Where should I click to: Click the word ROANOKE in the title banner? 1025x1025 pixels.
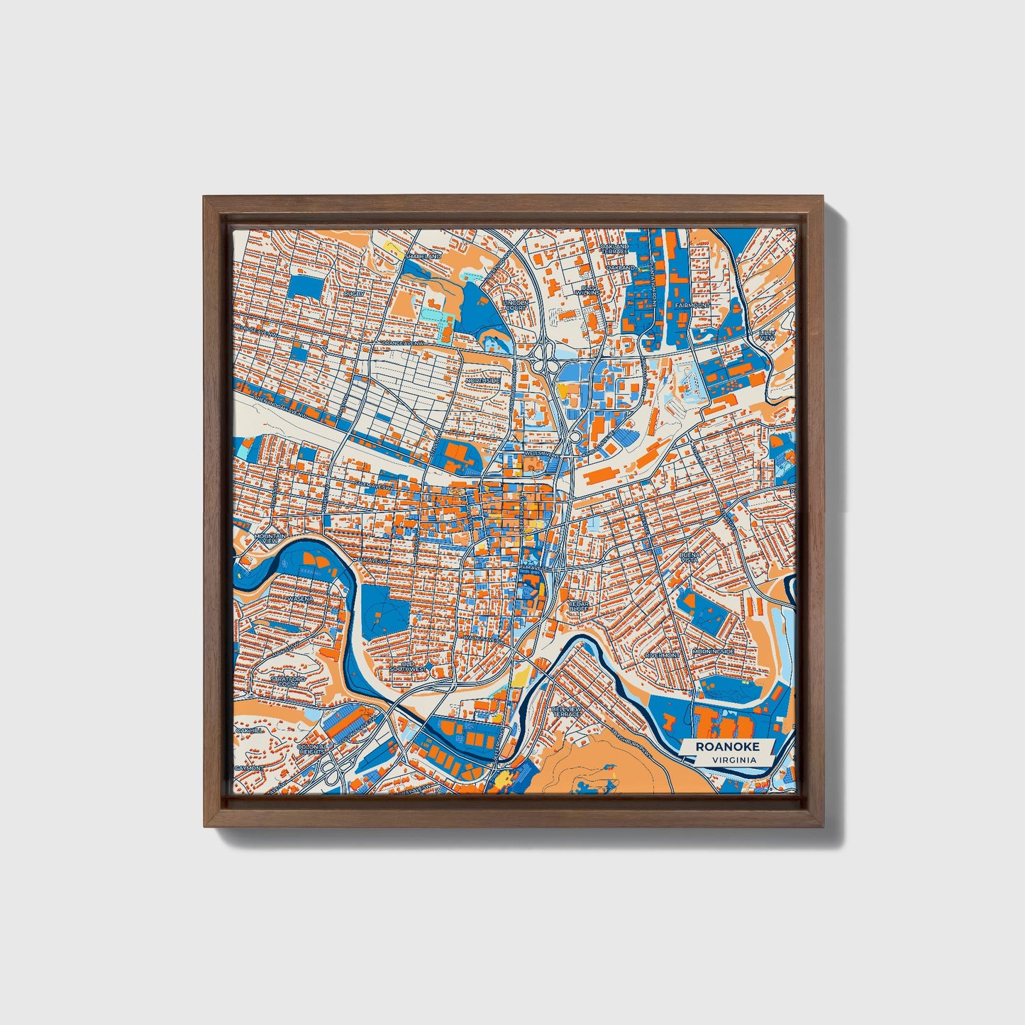[727, 746]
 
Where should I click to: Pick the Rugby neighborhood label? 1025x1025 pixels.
[353, 293]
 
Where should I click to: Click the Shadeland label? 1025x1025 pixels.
[423, 255]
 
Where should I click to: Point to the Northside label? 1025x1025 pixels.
[483, 380]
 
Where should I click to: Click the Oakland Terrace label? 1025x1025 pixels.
[614, 249]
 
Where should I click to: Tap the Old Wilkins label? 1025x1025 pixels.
[588, 289]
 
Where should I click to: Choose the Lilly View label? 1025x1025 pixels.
[767, 335]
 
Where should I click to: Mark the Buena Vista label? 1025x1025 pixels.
[689, 558]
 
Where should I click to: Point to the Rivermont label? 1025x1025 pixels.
[662, 655]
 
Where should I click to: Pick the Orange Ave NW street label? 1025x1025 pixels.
[403, 343]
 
